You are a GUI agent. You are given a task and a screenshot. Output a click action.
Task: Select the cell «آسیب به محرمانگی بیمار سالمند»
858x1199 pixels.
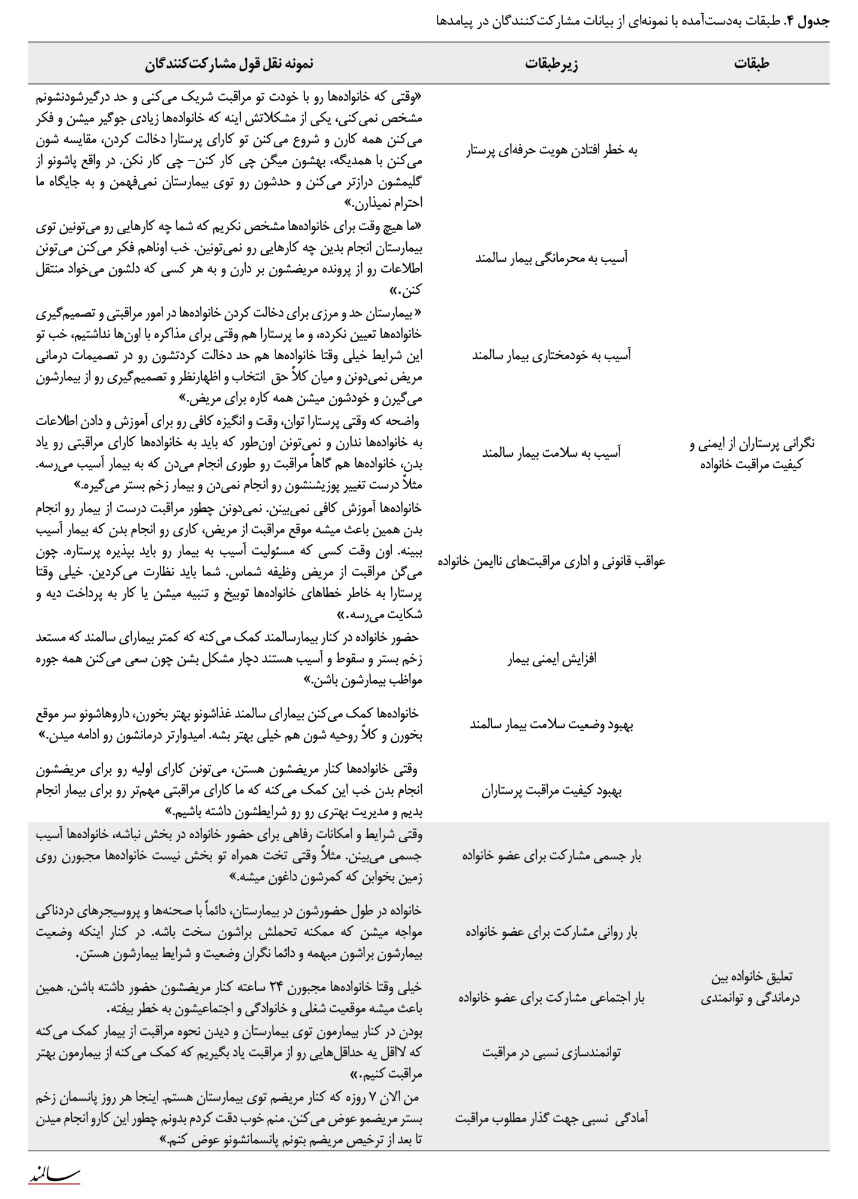pyautogui.click(x=551, y=258)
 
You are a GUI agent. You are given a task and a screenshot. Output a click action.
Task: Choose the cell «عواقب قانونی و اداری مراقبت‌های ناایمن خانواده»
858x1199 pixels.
pyautogui.click(x=551, y=562)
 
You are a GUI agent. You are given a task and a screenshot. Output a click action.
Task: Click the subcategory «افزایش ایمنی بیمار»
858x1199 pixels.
pyautogui.click(x=551, y=659)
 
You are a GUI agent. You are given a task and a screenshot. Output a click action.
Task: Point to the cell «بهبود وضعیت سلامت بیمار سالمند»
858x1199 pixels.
pyautogui.click(x=551, y=725)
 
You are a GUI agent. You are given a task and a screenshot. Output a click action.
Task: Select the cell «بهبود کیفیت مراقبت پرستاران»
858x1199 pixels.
pyautogui.click(x=551, y=791)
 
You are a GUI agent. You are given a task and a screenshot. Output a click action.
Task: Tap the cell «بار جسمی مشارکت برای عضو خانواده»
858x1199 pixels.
pyautogui.click(x=551, y=856)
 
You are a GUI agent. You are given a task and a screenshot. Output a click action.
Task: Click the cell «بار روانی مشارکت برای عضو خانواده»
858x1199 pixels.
pyautogui.click(x=551, y=933)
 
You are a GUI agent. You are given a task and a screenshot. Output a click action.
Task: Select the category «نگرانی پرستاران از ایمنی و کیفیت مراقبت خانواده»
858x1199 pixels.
pyautogui.click(x=751, y=453)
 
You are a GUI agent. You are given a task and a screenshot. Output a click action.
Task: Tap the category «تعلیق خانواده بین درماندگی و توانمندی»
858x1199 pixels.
pyautogui.click(x=751, y=987)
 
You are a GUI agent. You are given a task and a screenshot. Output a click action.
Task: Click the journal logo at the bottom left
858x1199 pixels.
pyautogui.click(x=54, y=1175)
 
